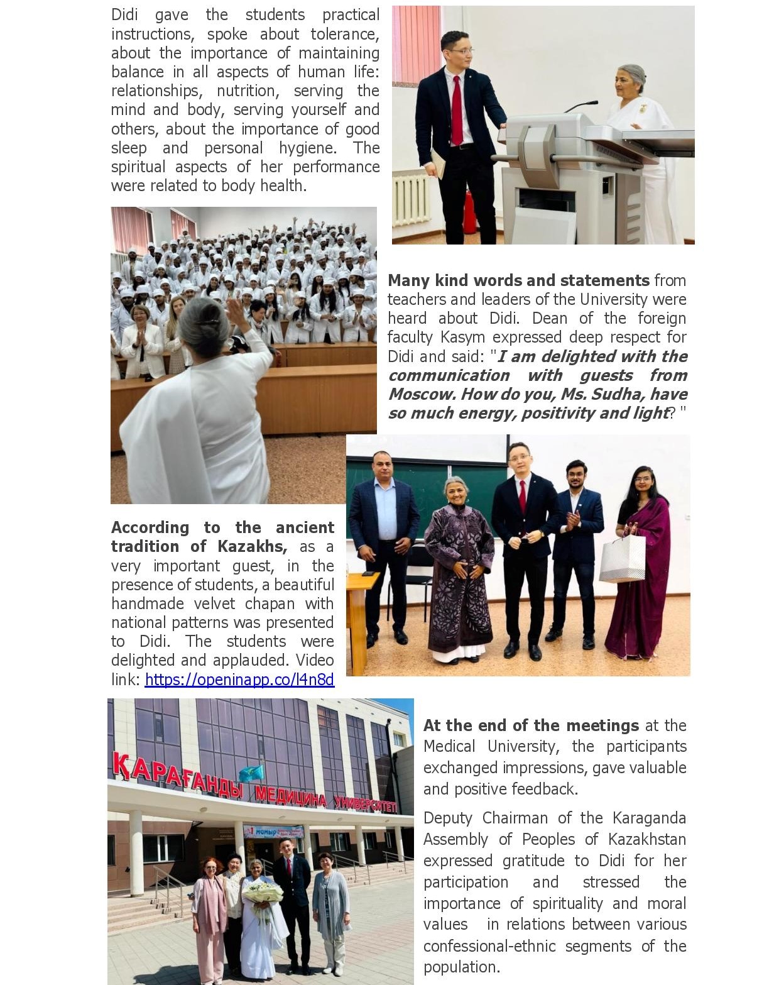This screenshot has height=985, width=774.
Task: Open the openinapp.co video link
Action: tap(239, 680)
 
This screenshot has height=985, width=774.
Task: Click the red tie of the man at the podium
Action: tap(457, 110)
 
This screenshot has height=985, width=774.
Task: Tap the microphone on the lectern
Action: tap(581, 105)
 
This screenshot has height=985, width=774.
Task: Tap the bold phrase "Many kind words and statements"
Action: tap(518, 280)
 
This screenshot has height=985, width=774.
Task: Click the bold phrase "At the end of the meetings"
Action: tap(531, 725)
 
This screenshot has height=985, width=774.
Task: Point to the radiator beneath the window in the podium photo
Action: tap(412, 200)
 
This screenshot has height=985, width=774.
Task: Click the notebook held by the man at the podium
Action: tap(438, 163)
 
